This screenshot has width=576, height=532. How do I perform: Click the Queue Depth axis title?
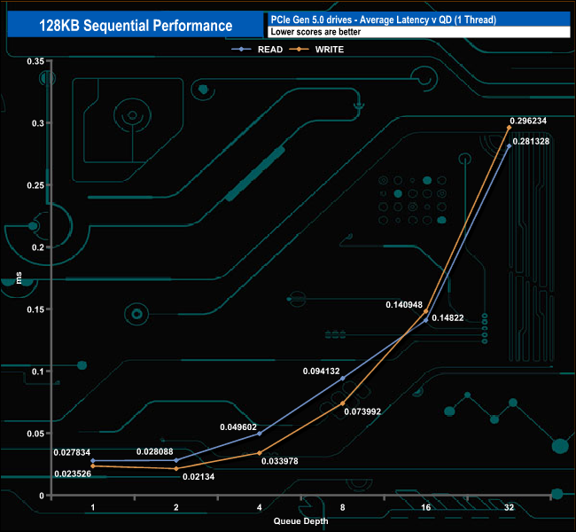click(300, 520)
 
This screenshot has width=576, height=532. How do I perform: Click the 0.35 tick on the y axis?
click(35, 61)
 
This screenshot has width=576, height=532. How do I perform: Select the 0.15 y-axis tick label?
click(35, 309)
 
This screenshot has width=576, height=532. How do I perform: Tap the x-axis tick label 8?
click(343, 507)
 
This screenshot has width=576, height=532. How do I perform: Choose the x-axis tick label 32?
click(510, 507)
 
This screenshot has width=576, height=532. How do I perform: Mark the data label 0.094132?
click(320, 372)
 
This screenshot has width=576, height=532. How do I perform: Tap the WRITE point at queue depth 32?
click(510, 128)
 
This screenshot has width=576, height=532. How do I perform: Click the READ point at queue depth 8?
click(343, 379)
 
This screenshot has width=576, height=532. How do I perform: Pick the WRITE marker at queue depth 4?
click(260, 453)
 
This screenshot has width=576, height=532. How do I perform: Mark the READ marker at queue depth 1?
click(93, 461)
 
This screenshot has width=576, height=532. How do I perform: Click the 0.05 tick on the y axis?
click(35, 434)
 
